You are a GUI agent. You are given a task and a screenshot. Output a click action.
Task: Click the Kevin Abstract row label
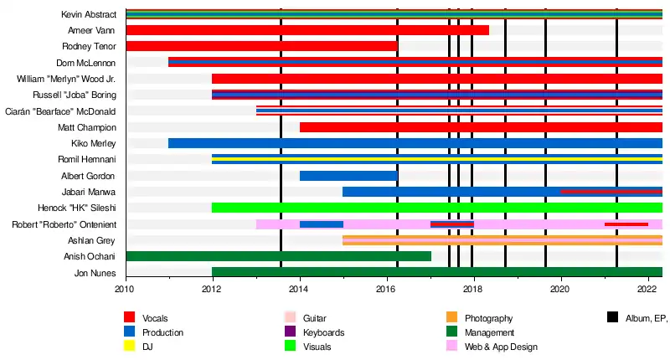click(89, 15)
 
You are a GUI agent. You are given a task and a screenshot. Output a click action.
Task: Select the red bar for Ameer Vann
click(307, 30)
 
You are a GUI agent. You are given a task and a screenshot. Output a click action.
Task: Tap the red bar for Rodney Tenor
click(260, 46)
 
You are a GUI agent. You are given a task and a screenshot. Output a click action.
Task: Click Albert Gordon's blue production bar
click(348, 176)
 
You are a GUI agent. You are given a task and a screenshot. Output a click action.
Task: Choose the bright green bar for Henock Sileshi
click(435, 208)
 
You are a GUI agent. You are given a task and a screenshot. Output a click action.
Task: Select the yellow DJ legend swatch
click(130, 347)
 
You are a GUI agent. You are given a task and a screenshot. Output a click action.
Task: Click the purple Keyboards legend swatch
click(288, 332)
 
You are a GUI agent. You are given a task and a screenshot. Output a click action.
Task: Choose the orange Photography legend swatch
click(451, 318)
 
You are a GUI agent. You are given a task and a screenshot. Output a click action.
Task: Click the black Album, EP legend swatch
click(613, 318)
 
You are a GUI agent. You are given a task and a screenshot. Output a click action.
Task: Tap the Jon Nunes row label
click(95, 273)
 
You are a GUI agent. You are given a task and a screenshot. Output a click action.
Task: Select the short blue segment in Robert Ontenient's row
click(322, 224)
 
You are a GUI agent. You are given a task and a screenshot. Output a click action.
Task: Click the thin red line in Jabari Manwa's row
click(611, 192)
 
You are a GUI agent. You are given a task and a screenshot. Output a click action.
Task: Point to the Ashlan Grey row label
click(92, 240)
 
